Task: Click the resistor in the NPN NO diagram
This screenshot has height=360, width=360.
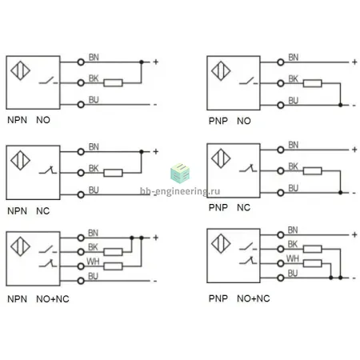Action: coord(113,83)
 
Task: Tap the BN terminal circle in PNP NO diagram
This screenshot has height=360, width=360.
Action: coord(281,62)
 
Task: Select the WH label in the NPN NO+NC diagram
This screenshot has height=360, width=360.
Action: coord(93,262)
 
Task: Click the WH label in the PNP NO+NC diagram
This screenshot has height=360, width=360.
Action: coord(293,258)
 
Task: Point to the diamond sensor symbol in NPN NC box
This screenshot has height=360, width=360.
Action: coord(20,160)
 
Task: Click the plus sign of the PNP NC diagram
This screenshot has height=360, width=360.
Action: coord(354,150)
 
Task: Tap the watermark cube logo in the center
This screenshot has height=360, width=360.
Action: coord(180,173)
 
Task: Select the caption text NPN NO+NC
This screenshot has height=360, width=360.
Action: coord(38,299)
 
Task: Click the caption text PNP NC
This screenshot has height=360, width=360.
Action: coord(230,207)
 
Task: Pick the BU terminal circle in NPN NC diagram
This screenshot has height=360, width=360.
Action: coord(81,195)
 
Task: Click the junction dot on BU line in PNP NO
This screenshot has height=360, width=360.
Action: coord(340,105)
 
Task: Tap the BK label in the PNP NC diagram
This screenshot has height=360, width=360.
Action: coord(293,166)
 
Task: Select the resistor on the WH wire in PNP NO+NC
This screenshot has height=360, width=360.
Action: coord(313,263)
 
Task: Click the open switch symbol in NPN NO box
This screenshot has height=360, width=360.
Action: coord(48,81)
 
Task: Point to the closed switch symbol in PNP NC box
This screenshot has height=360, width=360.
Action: coord(248,168)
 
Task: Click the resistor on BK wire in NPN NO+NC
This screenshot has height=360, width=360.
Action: coord(113,252)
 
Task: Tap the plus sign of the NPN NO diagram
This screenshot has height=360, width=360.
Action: coord(156,62)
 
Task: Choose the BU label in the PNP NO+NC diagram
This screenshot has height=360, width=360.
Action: coord(293,273)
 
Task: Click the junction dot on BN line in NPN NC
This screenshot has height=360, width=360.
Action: coord(142,152)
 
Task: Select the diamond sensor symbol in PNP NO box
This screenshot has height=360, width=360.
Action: coord(221,71)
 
